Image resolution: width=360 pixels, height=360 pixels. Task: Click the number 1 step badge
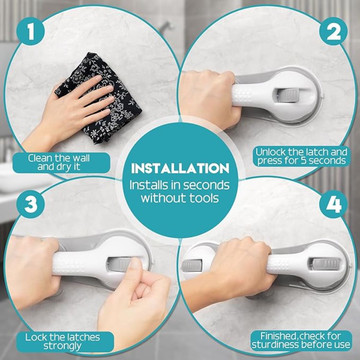coord(31,32)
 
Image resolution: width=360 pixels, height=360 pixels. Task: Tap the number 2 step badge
coord(333,32)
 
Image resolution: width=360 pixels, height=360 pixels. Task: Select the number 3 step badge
coord(31,204)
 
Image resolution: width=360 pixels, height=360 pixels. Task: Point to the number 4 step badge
coord(333,204)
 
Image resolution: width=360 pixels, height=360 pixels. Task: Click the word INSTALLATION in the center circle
coord(180,168)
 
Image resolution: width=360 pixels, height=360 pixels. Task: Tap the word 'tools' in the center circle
coord(201,198)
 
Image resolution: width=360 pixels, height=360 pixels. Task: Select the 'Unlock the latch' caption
coord(302,157)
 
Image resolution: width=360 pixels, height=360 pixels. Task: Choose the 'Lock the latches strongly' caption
coord(63,342)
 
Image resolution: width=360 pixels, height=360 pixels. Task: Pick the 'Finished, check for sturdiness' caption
coord(301,340)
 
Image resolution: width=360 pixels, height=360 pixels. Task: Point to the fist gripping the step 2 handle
coord(210,98)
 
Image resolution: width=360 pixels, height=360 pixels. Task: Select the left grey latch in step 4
coord(192,265)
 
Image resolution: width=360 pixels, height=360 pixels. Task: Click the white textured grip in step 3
coord(79,264)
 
